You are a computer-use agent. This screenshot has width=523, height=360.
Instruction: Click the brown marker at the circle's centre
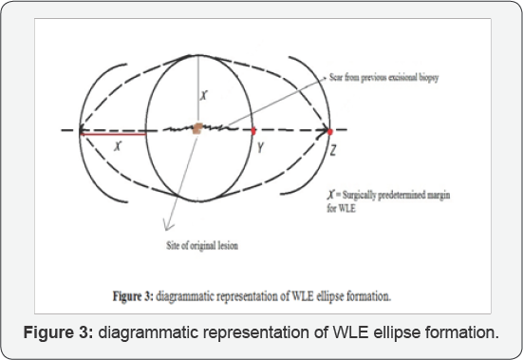click(x=196, y=128)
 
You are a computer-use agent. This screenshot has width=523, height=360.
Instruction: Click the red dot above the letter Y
click(x=254, y=129)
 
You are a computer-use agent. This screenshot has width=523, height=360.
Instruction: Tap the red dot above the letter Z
click(x=330, y=129)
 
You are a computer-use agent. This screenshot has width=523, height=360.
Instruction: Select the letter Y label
click(x=257, y=148)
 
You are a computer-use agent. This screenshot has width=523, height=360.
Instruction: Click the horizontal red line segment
click(x=113, y=134)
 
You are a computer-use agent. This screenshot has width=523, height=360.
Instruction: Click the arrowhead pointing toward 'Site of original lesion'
click(x=165, y=227)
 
